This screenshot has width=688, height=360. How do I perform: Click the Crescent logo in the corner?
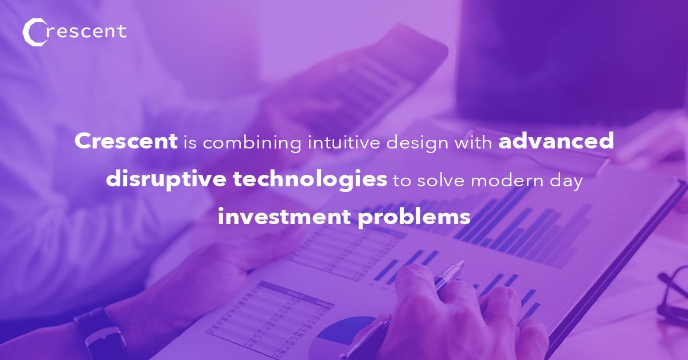74,32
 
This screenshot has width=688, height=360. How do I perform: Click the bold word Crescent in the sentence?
126,141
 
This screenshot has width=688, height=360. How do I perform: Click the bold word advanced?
556,141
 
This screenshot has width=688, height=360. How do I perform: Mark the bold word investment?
282,217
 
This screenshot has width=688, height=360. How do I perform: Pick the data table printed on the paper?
269,315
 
